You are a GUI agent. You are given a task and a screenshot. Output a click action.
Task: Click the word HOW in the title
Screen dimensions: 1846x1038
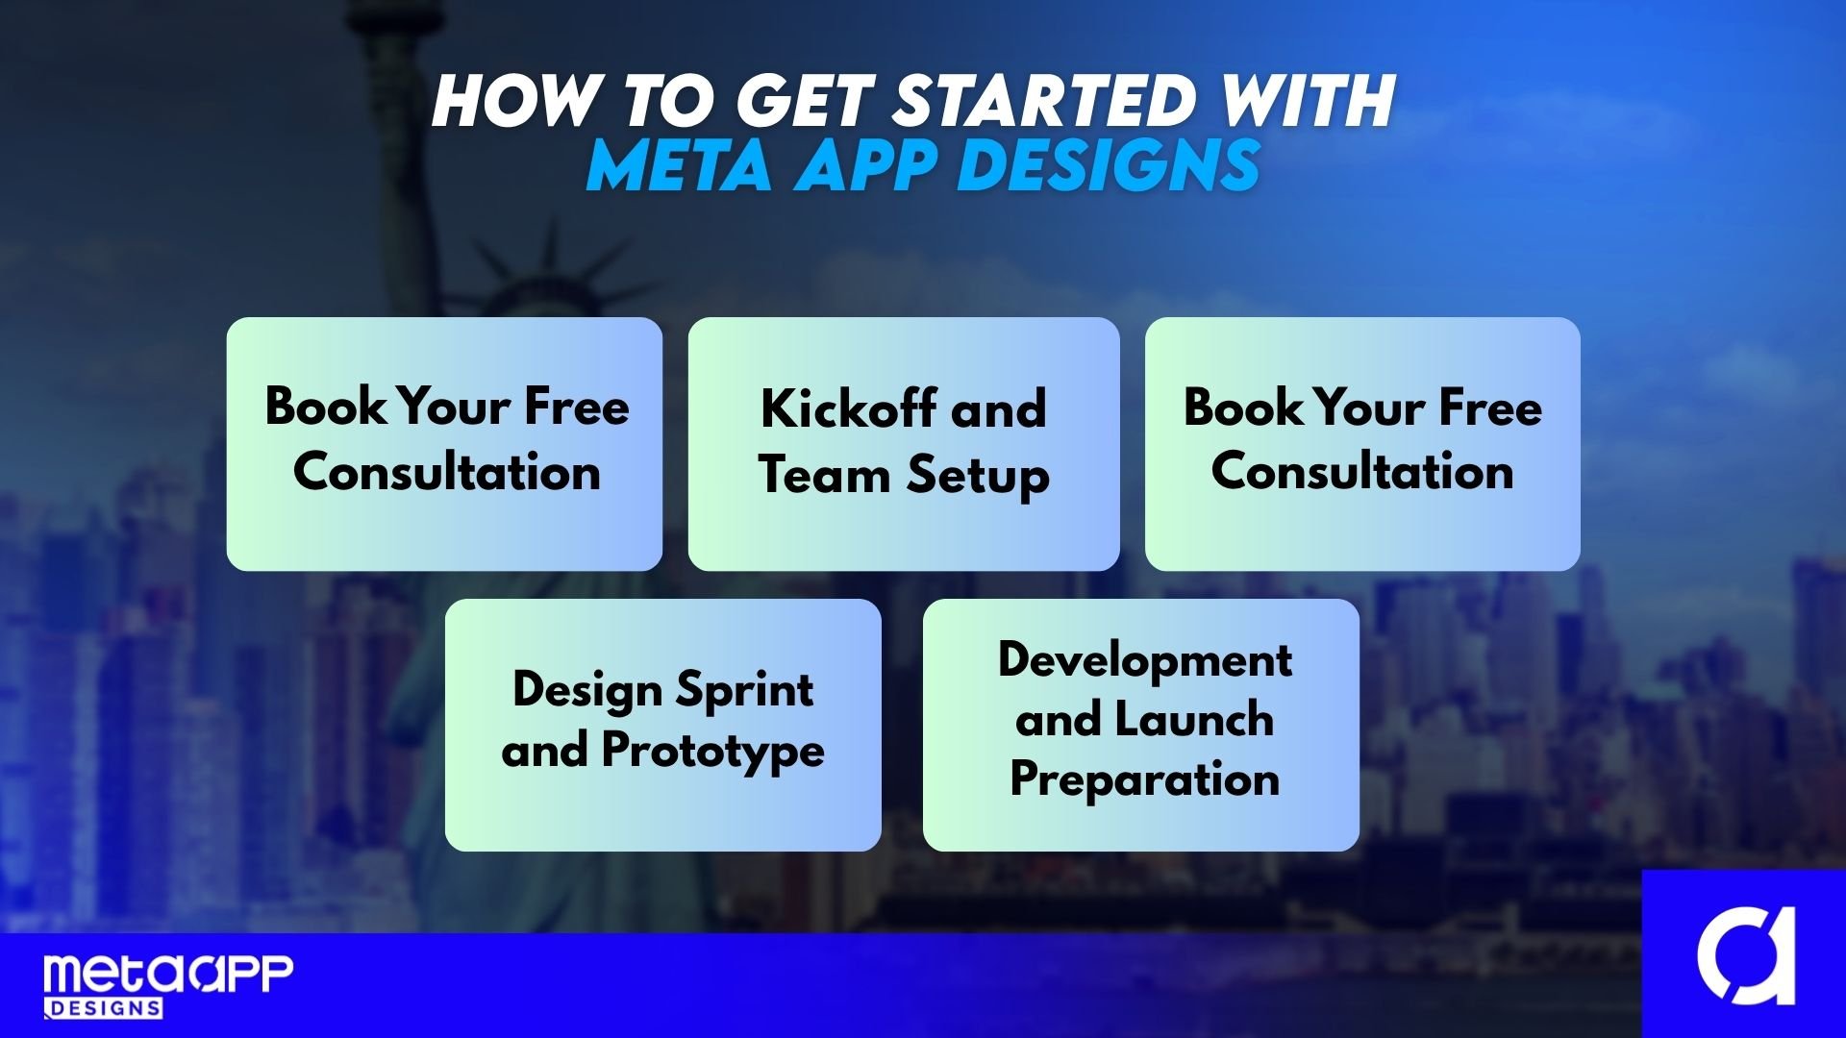pos(515,100)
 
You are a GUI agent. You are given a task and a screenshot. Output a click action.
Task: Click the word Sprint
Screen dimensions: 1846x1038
pos(745,691)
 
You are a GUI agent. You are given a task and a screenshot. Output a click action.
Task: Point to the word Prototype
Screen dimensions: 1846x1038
pos(713,752)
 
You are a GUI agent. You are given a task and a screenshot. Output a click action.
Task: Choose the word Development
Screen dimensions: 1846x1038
pos(1145,659)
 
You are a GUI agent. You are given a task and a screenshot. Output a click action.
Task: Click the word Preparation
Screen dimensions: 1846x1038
pos(1145,779)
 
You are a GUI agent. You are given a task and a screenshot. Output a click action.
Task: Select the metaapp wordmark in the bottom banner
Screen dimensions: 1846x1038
pos(168,976)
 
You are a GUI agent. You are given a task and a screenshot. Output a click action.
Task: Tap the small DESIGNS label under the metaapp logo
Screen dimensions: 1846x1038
pos(104,1008)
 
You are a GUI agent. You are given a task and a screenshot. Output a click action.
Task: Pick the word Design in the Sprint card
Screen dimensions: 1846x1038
pos(587,691)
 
